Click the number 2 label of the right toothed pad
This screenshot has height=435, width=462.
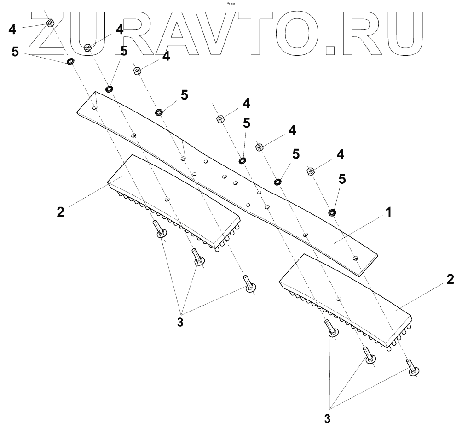tap(450, 280)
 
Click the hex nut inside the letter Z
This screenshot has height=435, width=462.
tap(51, 23)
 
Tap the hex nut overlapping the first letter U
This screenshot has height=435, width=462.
tap(88, 47)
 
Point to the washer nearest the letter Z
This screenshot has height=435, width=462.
tap(70, 61)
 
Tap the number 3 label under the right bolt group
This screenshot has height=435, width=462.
tap(327, 419)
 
